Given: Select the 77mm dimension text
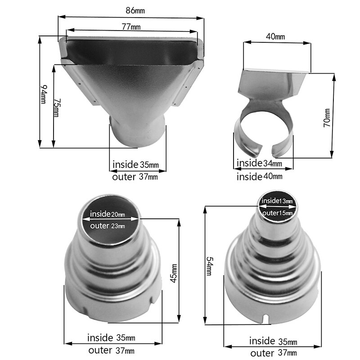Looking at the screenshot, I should tap(130, 27).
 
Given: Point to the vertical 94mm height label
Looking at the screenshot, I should tap(43, 94).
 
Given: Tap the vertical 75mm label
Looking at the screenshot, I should tap(55, 108).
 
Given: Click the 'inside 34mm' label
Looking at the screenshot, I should tap(260, 163).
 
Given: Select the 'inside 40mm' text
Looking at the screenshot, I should tap(260, 176).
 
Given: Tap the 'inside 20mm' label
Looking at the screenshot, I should tap(108, 214).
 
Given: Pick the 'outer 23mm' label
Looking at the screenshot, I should tap(108, 226).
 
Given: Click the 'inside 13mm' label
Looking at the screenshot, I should tap(277, 200).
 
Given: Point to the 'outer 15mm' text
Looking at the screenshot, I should tap(277, 212).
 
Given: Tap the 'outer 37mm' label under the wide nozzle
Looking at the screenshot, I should tap(135, 177).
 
